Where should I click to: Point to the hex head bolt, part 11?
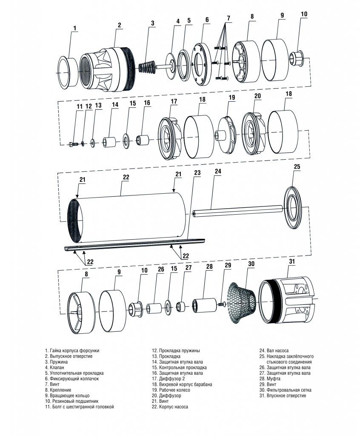(71, 143)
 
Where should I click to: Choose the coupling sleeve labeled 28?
(205, 305)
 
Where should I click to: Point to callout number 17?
(174, 101)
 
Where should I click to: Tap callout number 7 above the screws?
(228, 18)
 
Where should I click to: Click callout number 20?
(257, 96)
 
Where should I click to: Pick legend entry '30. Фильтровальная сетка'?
(285, 390)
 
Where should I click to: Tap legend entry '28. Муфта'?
(270, 378)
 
